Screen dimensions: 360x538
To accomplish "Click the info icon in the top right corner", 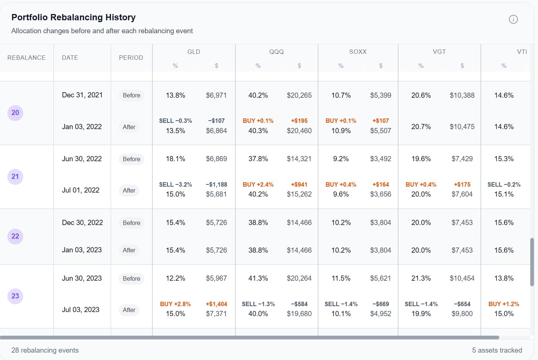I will [513, 20].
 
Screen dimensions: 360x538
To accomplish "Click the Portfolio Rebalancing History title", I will [73, 17].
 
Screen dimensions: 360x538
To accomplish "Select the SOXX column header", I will [358, 52].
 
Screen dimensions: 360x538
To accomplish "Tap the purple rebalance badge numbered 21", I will [15, 177].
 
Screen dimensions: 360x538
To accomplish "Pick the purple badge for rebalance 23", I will [15, 296].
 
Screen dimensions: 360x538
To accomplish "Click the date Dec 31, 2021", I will [82, 95].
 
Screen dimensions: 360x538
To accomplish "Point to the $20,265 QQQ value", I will [299, 96].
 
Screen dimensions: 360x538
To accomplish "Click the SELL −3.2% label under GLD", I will [175, 184].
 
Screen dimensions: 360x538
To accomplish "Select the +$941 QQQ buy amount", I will [299, 184].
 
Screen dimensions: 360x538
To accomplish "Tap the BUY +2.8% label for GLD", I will [175, 304].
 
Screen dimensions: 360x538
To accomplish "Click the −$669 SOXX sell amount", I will [380, 304].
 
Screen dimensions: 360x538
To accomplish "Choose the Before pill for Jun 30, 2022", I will [131, 159].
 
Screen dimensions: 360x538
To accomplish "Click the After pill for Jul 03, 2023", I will [129, 310].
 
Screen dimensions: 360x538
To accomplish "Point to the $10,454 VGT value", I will [462, 278].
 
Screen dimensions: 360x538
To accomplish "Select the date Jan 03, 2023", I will [82, 250].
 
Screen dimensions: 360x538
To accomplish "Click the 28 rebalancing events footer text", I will [45, 350].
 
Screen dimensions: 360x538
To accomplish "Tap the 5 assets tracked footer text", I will [497, 350].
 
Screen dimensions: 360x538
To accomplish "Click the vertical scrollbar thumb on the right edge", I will [532, 262].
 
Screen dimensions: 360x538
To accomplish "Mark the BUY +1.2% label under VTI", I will [504, 304].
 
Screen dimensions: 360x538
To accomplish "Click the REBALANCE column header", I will [27, 58].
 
